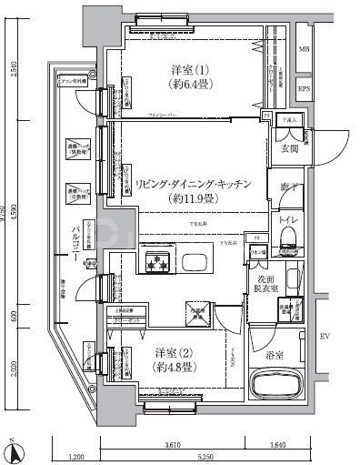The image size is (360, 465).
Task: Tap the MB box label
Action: click(304, 49)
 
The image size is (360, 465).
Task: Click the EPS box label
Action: click(304, 89)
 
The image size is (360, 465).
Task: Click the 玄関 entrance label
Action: click(288, 150)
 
